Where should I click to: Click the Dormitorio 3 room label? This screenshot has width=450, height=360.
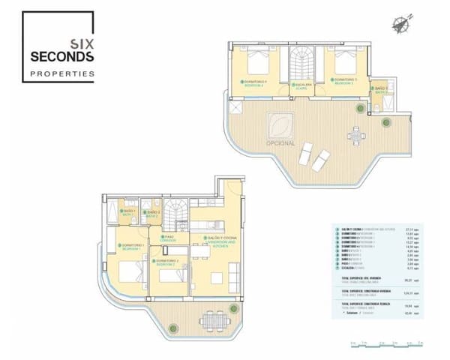tap(345, 79)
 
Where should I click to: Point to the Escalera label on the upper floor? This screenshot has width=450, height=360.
tap(302, 85)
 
